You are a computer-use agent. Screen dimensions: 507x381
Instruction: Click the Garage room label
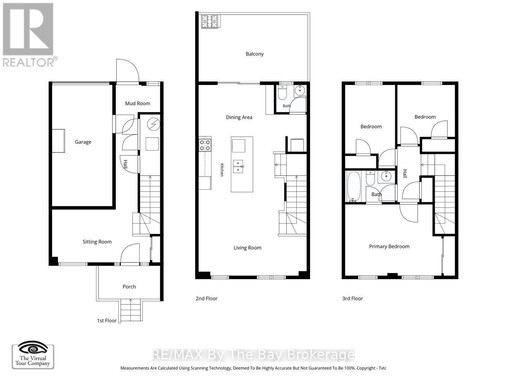coord(83,142)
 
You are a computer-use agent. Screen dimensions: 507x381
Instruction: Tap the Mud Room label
coord(137,103)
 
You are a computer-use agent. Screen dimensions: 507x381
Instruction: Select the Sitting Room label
coord(97,242)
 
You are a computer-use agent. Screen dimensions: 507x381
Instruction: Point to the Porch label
coord(129,287)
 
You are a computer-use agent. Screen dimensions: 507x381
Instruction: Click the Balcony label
coord(254,54)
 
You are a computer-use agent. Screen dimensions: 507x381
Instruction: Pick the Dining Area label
coord(239,117)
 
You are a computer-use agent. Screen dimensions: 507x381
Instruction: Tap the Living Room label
coord(247,248)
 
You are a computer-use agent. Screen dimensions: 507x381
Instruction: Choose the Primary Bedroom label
coord(389,247)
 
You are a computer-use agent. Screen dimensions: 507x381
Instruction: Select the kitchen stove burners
coord(205,145)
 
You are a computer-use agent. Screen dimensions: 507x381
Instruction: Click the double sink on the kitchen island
coord(238,166)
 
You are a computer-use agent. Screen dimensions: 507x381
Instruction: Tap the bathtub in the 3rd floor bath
coord(353,186)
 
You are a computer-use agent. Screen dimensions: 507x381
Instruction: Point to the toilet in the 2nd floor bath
coord(282,92)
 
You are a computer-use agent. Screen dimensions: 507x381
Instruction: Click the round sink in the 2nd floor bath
coord(300,90)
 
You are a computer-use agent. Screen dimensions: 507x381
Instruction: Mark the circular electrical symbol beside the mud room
coord(154,124)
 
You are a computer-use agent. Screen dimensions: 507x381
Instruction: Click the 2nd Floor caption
coord(207,298)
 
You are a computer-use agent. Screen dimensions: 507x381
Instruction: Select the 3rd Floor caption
coord(353,298)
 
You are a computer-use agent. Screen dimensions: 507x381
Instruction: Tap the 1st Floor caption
coord(107,320)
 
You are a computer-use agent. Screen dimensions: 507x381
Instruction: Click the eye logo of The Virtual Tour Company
coord(33,349)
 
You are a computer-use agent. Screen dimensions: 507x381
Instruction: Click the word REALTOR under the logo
coord(28,62)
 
